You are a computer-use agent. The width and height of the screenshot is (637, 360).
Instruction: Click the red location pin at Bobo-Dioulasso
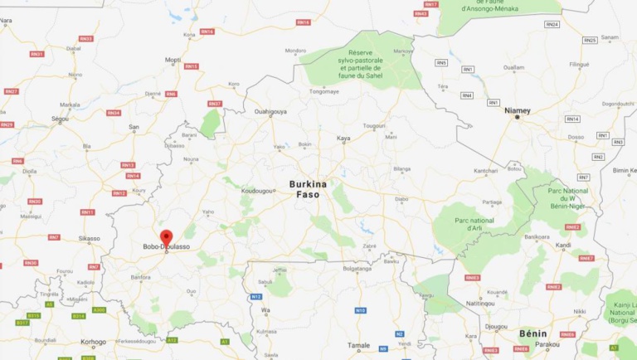tap(166, 236)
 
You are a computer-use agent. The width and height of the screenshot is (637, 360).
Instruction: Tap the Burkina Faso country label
tap(308, 188)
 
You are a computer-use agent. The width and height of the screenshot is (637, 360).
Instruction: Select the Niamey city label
tap(517, 110)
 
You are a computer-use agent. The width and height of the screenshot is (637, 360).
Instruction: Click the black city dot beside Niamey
tap(518, 118)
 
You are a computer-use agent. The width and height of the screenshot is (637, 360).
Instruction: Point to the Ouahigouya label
tap(270, 111)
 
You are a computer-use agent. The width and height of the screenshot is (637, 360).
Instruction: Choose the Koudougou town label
tap(257, 190)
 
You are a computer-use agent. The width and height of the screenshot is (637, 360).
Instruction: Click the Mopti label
tap(173, 60)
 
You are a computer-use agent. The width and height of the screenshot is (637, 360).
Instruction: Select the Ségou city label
tap(59, 119)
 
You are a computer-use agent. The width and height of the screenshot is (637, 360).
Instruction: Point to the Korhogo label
tap(92, 342)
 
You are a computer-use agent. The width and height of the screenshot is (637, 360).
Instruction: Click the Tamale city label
tap(358, 344)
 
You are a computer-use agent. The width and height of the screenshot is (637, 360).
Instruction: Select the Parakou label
tap(547, 343)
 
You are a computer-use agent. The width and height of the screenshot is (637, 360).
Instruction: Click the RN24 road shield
tap(552, 24)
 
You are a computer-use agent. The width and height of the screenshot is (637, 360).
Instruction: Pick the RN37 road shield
tap(215, 104)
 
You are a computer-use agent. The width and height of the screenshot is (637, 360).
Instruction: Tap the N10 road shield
tap(360, 310)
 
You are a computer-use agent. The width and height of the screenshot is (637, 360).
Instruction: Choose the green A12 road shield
tap(172, 339)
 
